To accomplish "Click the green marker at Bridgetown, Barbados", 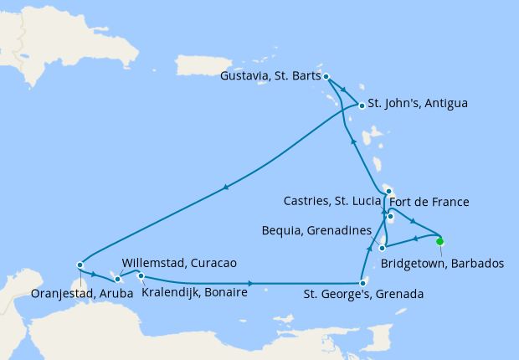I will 440,242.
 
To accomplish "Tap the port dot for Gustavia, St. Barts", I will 326,76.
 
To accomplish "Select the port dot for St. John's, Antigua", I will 362,105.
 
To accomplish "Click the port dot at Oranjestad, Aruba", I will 80,265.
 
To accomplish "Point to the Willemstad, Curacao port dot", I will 118,279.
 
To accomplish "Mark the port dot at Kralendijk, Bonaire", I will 141,276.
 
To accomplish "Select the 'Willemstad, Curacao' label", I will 178,263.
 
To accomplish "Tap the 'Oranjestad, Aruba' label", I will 73,294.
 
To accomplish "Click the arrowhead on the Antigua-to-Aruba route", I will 225,188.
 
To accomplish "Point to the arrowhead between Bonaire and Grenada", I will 250,284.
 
